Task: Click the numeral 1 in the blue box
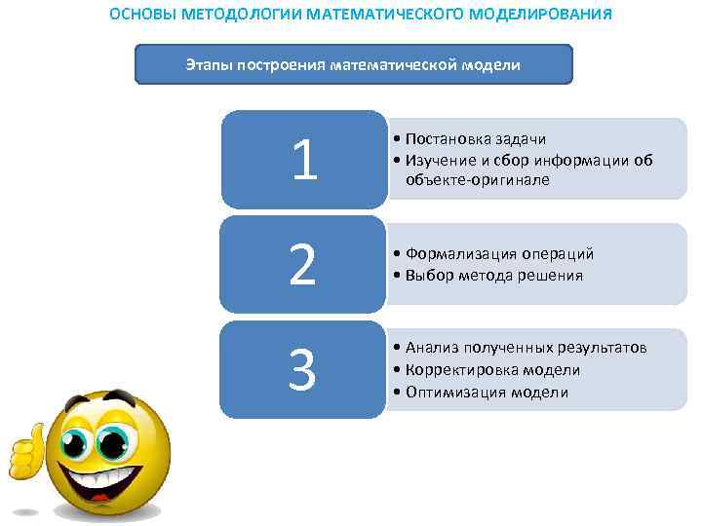click(x=303, y=160)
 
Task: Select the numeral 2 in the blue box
click(x=302, y=265)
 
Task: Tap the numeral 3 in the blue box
click(x=302, y=370)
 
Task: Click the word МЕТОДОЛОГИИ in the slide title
click(x=248, y=16)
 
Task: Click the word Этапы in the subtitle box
click(x=208, y=65)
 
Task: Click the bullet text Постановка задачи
click(x=475, y=140)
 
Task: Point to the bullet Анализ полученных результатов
click(x=526, y=348)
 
